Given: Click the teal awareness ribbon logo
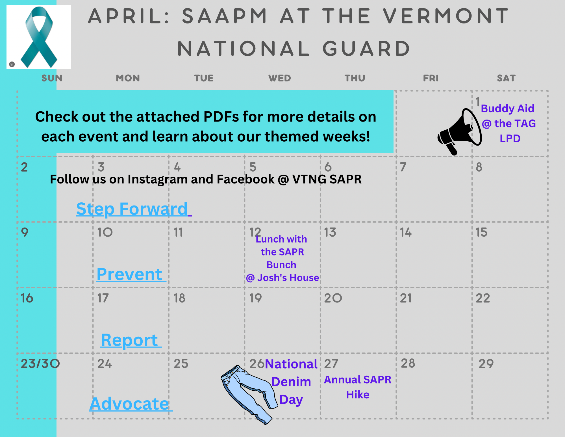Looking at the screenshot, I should tap(39, 37).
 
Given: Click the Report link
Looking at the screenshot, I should tap(130, 340).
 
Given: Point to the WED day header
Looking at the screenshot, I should tap(279, 78).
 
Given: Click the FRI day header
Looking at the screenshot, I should tap(431, 78).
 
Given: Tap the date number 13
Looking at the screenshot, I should tap(330, 232).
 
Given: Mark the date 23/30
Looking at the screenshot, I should tap(40, 364).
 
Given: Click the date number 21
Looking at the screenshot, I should tap(406, 298).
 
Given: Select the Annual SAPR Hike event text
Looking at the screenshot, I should tap(358, 387).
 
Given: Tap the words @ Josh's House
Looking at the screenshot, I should tap(282, 278).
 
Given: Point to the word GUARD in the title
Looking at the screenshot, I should tap(366, 49).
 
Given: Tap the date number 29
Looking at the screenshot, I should tap(486, 364).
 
